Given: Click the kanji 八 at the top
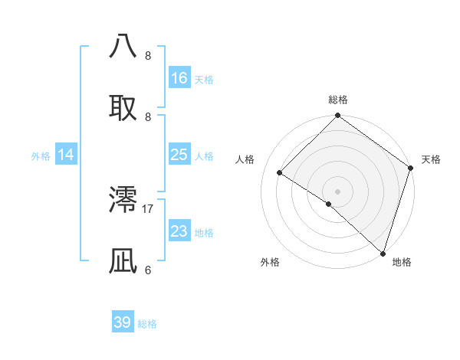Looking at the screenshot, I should tap(124, 45).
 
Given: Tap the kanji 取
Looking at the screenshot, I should tap(124, 107).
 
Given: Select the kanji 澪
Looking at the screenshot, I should tap(124, 199).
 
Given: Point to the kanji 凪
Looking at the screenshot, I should tap(124, 261).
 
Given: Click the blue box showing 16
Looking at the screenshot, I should tap(179, 78).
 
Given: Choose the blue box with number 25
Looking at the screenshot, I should tap(179, 155).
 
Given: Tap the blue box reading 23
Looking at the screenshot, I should tap(179, 231).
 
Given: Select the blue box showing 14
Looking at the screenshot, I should tap(66, 155).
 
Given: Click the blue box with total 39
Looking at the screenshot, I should tap(123, 322).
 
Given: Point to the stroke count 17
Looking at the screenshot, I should tap(148, 208).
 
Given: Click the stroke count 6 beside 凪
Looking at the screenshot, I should tap(148, 270).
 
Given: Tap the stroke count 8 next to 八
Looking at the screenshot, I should tap(148, 55).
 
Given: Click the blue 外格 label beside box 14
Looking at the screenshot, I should tap(41, 156).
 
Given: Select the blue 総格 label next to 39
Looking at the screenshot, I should tap(147, 324).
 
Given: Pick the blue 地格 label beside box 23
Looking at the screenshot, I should tap(204, 233).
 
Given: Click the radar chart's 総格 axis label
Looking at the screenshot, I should tap(337, 100).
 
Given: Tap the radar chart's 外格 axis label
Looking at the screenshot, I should tap(270, 262).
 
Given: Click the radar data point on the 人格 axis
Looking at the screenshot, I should tap(280, 173).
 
